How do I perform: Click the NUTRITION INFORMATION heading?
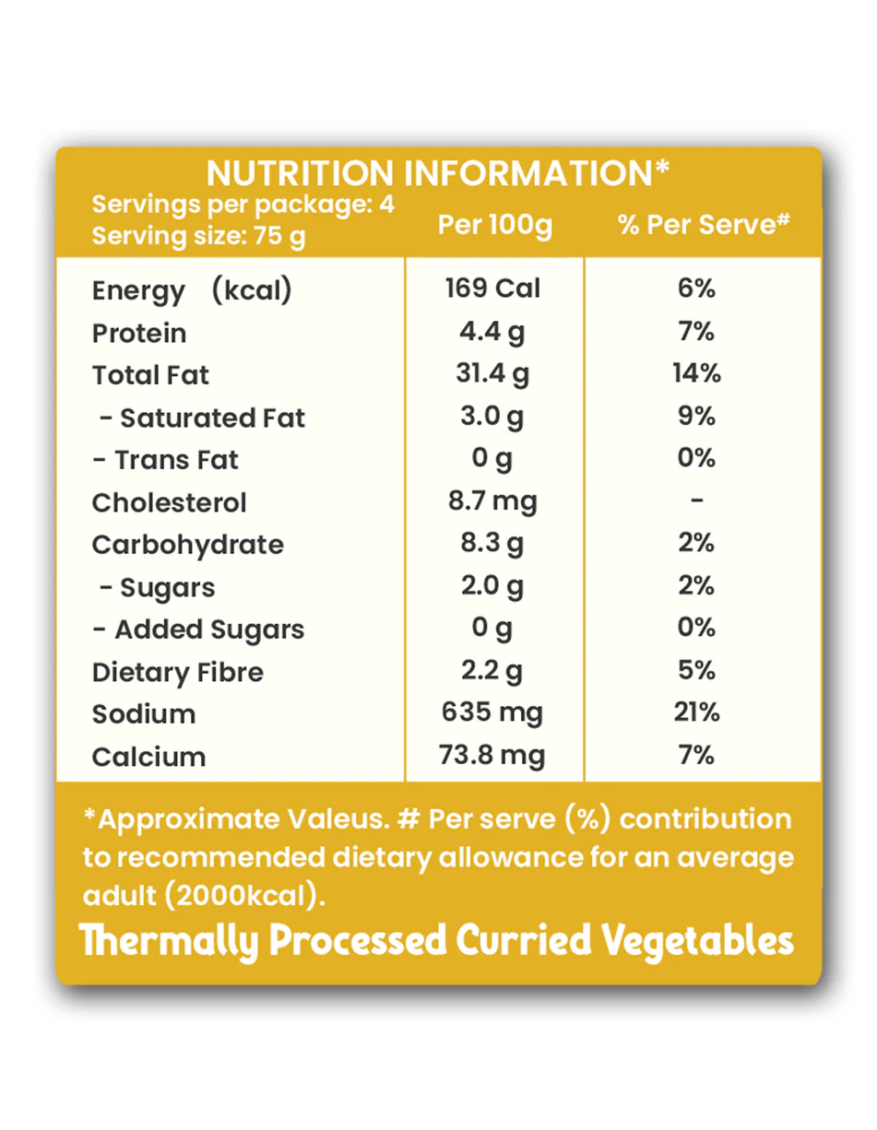click(438, 173)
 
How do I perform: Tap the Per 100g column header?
click(494, 225)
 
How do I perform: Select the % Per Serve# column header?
click(705, 225)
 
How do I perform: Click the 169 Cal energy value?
click(493, 288)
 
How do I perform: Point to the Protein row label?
click(139, 333)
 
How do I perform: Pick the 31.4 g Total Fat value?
click(493, 374)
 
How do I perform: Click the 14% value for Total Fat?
click(697, 373)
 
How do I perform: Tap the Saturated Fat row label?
click(202, 418)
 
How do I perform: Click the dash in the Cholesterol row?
click(697, 501)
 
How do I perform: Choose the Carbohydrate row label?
click(188, 545)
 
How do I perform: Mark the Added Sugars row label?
click(198, 630)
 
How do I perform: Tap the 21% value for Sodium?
click(697, 712)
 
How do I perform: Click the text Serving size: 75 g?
click(198, 237)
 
